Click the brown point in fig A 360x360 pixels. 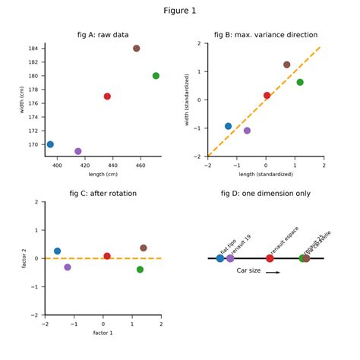137,49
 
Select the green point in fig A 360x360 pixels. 156,76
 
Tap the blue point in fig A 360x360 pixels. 50,144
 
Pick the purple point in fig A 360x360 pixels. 78,151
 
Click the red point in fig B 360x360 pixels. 267,96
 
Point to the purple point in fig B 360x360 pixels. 247,131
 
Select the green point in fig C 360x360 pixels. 140,270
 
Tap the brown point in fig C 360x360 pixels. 144,248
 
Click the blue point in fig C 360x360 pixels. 57,251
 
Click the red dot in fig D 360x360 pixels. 270,258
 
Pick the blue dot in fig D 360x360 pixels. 220,258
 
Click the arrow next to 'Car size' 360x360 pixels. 273,272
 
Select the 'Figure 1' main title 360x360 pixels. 180,11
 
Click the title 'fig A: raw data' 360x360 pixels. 103,35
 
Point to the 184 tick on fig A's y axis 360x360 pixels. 33,49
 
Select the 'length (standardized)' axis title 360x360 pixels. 266,174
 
